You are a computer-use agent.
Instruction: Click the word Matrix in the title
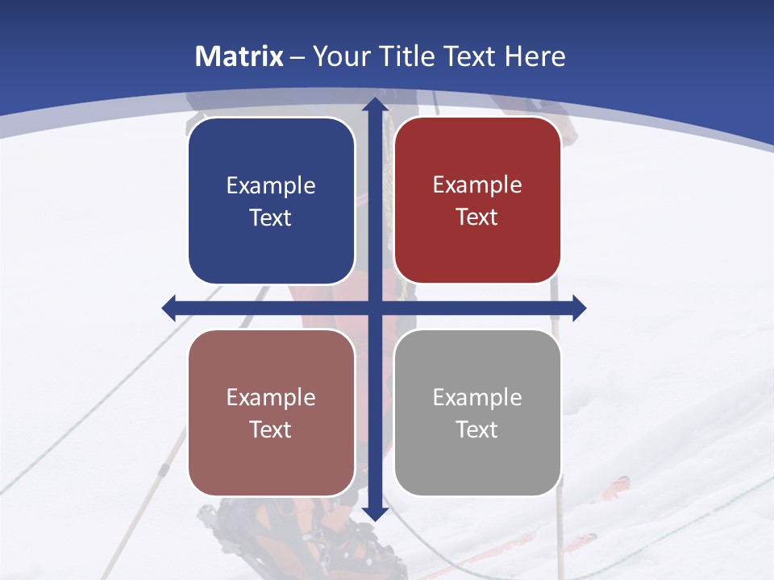239,56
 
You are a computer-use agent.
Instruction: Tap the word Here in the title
535,56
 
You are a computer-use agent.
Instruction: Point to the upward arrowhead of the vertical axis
374,105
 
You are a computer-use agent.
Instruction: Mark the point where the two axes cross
374,308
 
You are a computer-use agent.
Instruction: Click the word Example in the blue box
271,186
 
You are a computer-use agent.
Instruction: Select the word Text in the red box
477,217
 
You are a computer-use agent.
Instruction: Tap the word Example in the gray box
477,397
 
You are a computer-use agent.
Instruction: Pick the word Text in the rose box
271,429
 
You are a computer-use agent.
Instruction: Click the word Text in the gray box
477,429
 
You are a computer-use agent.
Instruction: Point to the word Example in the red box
477,185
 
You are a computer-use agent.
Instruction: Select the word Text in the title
466,56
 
